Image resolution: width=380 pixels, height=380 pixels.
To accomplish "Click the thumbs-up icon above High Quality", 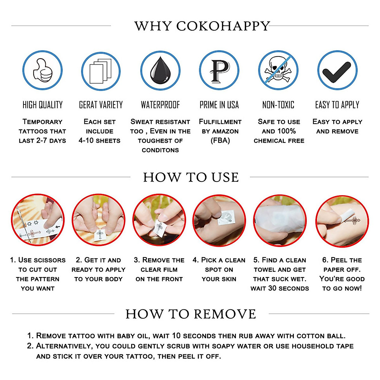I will tap(42, 70).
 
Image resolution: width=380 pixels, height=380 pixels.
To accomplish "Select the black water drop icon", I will tap(160, 71).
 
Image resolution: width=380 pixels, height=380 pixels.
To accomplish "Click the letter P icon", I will tap(219, 70).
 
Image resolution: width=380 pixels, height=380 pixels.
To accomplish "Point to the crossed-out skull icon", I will tap(278, 70).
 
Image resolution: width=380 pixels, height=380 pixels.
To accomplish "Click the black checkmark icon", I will tap(337, 70).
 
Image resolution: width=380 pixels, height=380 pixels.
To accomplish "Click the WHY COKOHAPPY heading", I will tap(202, 26).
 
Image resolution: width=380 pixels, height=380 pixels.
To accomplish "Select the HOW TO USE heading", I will tap(191, 177).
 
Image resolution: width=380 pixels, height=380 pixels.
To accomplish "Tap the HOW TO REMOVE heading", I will tap(191, 314).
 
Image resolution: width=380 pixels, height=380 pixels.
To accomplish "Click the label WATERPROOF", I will tap(160, 105).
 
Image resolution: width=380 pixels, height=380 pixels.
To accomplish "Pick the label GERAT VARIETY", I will tap(101, 105).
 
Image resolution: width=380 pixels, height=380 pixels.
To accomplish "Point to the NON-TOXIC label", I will tap(278, 105).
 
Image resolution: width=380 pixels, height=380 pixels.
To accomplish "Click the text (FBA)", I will tap(220, 141).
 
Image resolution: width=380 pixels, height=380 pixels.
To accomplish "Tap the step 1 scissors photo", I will tap(38, 220).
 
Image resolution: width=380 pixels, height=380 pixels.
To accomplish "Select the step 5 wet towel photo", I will tap(280, 220).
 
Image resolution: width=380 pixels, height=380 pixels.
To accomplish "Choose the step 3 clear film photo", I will tap(159, 220).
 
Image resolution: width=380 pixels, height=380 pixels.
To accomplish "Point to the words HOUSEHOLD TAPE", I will tap(322, 346).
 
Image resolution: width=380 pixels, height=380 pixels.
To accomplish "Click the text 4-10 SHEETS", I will tap(99, 141).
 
